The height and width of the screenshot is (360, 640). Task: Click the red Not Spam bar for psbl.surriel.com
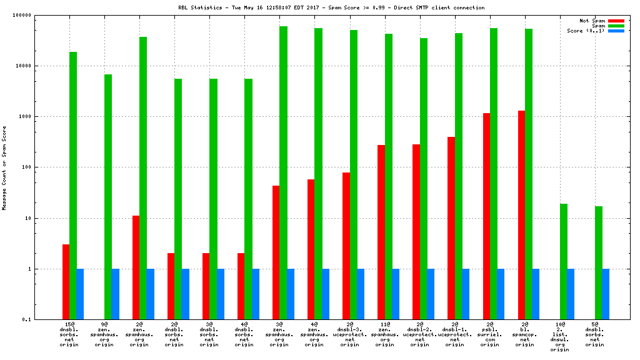[486, 216]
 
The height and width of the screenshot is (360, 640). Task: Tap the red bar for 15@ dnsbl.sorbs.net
[66, 282]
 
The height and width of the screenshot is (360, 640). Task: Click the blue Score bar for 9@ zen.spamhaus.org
[115, 294]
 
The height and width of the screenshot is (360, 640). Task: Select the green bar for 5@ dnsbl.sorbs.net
[599, 262]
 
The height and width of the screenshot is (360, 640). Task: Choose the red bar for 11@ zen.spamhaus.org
[381, 232]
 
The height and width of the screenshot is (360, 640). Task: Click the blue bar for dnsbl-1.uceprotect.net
[466, 294]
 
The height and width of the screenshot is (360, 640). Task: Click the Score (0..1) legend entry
[586, 31]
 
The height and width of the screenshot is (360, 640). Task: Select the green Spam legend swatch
[616, 26]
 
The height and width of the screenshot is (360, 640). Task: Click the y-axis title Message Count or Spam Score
[4, 167]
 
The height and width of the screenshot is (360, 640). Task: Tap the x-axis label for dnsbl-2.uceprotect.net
[419, 334]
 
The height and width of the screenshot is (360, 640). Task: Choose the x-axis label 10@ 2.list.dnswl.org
[560, 337]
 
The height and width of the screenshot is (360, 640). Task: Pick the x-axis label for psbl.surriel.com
[490, 334]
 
